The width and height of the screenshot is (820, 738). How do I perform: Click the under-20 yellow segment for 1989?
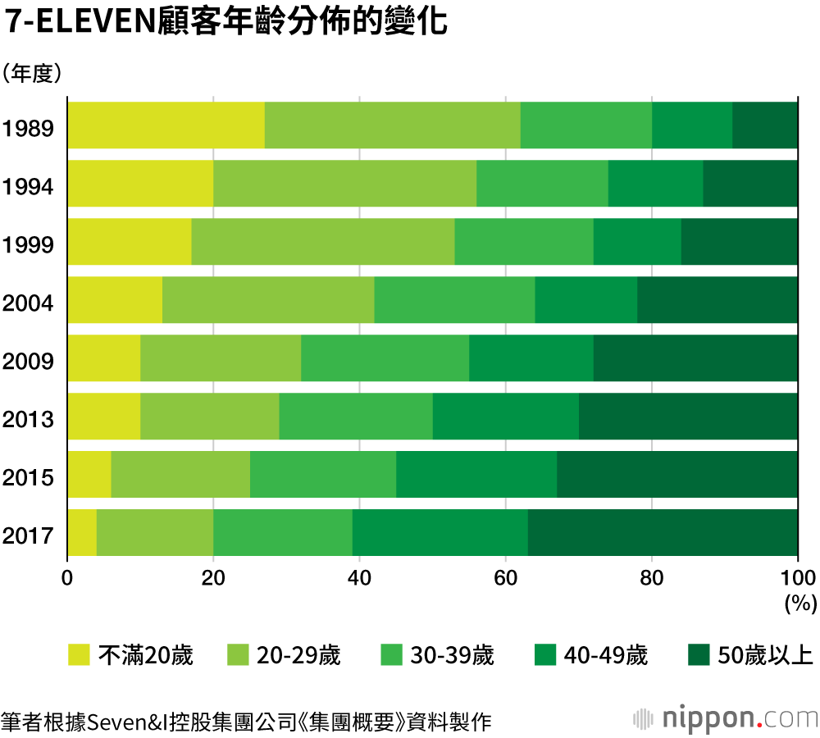tap(166, 125)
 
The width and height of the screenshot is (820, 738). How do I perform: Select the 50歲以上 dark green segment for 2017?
tap(663, 533)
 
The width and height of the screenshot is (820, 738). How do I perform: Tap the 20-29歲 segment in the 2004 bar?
tap(268, 300)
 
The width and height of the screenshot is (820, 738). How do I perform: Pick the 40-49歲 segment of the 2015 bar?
tap(476, 475)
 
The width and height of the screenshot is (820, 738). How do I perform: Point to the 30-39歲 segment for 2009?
tap(385, 358)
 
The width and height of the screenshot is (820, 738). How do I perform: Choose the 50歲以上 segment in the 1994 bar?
tap(750, 184)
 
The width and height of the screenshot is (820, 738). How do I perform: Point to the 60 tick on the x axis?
tap(506, 577)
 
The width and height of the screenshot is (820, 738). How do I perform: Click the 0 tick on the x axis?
tap(68, 577)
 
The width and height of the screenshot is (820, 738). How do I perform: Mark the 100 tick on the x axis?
tap(797, 577)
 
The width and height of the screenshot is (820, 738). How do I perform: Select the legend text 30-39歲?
tap(453, 655)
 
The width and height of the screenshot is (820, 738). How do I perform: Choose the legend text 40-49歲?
tap(606, 655)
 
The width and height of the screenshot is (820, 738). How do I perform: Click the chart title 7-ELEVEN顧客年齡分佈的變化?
tap(226, 22)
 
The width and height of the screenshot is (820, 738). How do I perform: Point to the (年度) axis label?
tap(33, 74)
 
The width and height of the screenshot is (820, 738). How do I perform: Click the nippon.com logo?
tap(726, 718)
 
